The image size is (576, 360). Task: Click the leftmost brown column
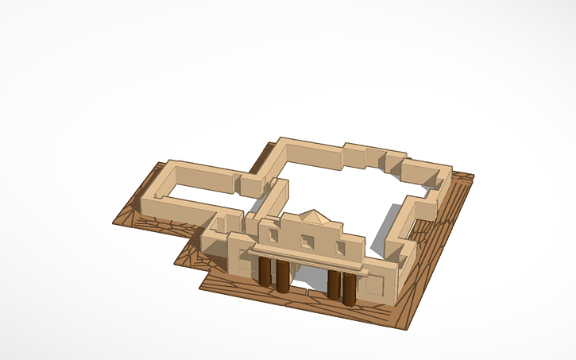265,270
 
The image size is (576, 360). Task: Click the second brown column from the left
282,276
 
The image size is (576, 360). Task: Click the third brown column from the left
334,285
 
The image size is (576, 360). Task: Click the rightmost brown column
350,289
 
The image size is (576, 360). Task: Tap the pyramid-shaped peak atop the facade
314,215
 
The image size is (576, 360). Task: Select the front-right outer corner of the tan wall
395,304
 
